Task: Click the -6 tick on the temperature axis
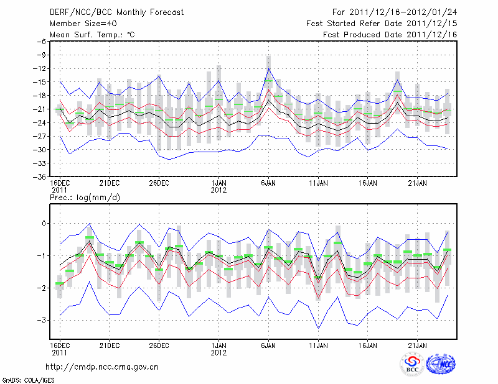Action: point(42,42)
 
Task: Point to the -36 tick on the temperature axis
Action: point(40,176)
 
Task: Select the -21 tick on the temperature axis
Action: point(40,109)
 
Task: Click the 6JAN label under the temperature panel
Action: point(268,183)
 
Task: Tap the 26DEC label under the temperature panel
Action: point(159,183)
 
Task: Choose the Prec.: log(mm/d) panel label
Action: point(85,198)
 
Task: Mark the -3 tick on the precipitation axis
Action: point(42,320)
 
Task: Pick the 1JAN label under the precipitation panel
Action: point(218,344)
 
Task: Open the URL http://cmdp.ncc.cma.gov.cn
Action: point(103,367)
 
